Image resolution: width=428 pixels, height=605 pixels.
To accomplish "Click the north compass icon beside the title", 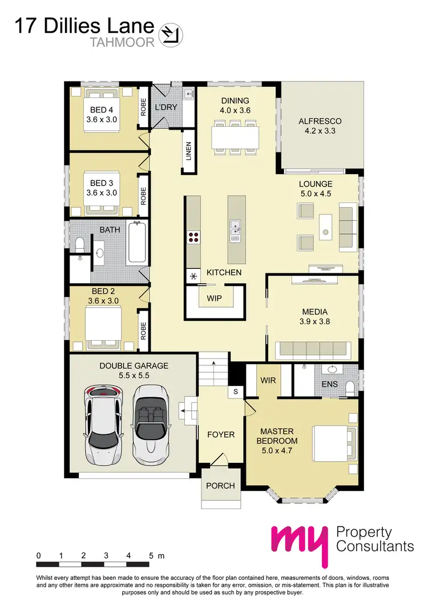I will coord(171,33).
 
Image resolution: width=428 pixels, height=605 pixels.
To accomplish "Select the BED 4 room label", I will coord(101,110).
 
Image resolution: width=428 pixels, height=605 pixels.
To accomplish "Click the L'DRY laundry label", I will coord(167,107).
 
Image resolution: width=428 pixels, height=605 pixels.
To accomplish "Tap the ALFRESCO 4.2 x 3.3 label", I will coord(320,126).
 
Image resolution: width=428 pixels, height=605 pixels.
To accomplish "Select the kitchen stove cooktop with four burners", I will coord(193,237).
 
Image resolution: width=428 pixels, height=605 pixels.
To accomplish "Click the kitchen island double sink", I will coord(235,230).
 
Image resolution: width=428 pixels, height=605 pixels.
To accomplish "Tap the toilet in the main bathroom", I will coord(79,244).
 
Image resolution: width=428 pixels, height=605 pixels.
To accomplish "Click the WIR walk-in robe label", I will coord(268,380).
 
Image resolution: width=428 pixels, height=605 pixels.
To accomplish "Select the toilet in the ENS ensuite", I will coord(352,387).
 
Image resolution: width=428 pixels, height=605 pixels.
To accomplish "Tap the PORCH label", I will coord(220,486).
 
